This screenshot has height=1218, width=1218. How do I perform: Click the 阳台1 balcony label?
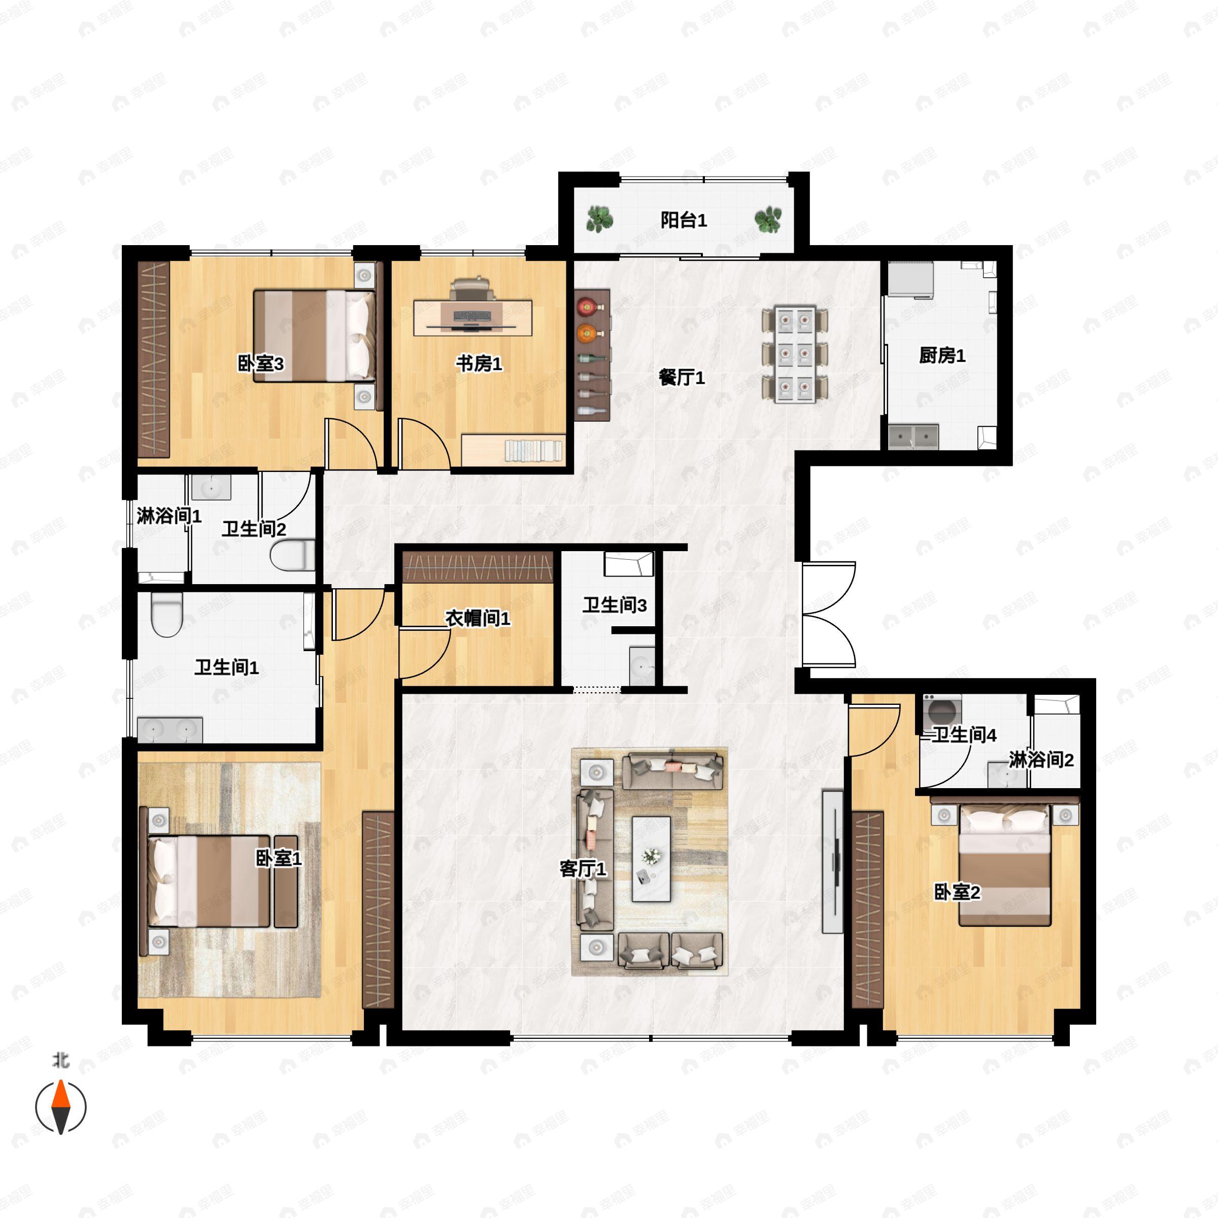coord(684,221)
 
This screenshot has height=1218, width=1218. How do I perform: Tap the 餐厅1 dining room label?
coord(682,378)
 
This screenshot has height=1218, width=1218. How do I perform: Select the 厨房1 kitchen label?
coord(942,356)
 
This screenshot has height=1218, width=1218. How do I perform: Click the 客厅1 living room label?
coord(583,869)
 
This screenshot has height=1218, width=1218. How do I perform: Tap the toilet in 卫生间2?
coord(292,555)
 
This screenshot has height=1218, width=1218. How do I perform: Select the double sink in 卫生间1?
coord(170,729)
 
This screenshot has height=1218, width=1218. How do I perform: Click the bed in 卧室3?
coord(314,335)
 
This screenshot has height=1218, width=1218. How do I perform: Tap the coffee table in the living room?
coord(651,859)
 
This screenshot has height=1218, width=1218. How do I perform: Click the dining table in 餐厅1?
coord(794,354)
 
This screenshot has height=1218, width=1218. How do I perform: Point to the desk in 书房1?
coord(473,318)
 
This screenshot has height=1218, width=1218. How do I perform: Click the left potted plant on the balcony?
coord(599,219)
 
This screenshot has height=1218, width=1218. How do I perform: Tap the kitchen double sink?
coord(913,437)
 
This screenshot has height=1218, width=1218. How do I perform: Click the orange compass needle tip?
coord(60,1080)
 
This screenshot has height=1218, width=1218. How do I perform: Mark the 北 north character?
coord(60,1061)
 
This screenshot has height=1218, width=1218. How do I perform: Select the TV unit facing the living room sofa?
coord(833,862)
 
